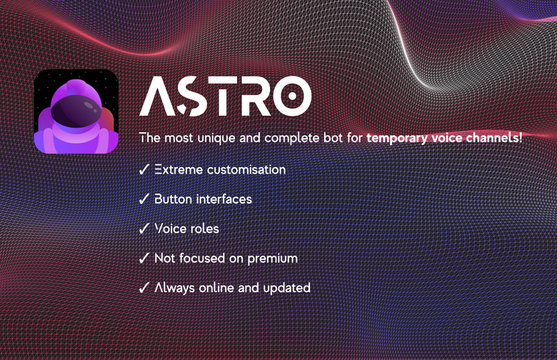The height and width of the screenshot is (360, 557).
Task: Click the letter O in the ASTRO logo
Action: coord(292,96)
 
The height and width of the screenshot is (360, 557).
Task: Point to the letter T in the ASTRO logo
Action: coord(219,96)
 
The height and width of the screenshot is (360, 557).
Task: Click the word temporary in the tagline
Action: coord(396,138)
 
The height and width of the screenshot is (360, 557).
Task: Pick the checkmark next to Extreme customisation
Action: coord(144,169)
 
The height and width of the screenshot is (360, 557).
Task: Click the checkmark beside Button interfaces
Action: coord(144,199)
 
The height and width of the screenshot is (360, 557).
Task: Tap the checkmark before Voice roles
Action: coord(144,228)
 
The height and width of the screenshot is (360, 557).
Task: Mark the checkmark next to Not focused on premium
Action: coord(144,258)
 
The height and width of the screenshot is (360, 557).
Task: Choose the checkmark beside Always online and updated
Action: coord(144,287)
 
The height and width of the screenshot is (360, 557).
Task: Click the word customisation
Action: coord(246,169)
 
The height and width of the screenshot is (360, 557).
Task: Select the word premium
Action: coord(273,259)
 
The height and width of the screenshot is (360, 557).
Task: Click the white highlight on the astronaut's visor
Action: coord(91,106)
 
